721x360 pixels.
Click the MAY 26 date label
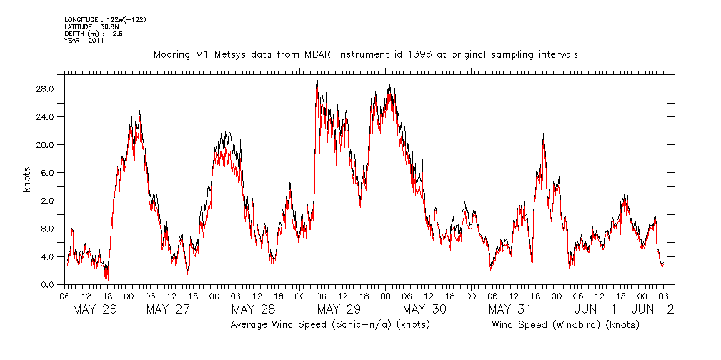click(94, 309)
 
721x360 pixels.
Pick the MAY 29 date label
click(339, 309)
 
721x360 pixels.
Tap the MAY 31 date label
click(510, 309)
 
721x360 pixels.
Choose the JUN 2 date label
click(651, 309)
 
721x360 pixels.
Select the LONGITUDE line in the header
click(105, 20)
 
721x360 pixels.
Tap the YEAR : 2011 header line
click(84, 41)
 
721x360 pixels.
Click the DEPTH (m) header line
click(93, 34)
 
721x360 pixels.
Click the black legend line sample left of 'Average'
click(182, 325)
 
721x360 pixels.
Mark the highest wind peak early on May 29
click(317, 80)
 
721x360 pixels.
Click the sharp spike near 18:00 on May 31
click(544, 134)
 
